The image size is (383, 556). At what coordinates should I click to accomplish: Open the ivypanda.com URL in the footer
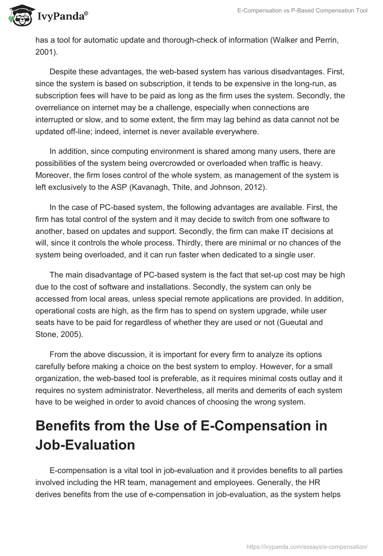(306, 545)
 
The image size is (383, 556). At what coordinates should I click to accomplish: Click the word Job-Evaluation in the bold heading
(85, 444)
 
